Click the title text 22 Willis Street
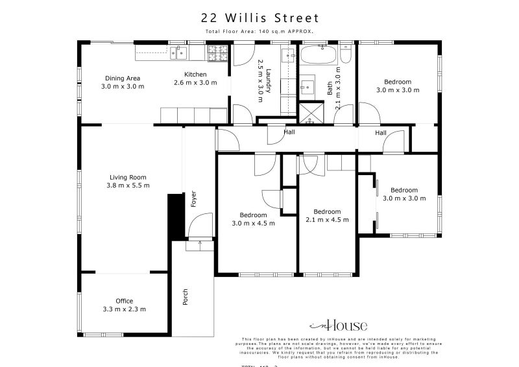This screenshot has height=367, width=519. [x=259, y=18]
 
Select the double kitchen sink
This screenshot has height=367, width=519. [x=178, y=53]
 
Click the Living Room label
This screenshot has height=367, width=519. [x=128, y=177]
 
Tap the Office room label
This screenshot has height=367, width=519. [x=124, y=301]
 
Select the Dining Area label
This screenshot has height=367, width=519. [x=123, y=78]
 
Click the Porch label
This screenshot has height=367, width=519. [x=186, y=297]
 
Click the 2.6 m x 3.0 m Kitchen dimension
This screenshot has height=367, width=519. [x=195, y=82]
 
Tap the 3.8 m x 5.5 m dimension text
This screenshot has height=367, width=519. [x=129, y=185]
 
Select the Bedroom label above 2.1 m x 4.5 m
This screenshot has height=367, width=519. [x=327, y=211]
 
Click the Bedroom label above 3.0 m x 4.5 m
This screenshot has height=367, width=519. [x=253, y=215]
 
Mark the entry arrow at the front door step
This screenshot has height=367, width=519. [x=200, y=244]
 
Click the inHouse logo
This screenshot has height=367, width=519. [x=338, y=326]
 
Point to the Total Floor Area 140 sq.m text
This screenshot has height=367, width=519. [x=259, y=31]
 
